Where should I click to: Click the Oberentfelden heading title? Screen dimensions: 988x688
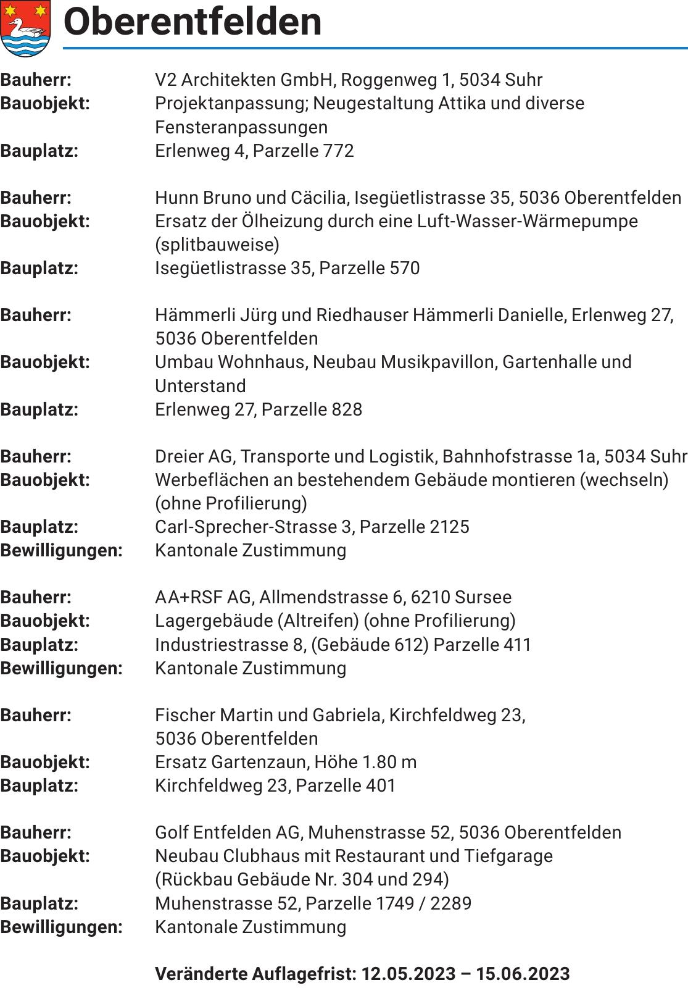(193, 22)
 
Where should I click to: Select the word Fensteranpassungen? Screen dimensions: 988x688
(241, 127)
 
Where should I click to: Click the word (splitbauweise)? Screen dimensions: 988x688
(217, 245)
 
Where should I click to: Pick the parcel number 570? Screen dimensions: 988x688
(404, 268)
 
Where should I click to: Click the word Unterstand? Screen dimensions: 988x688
(201, 386)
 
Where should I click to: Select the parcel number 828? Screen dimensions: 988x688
(347, 409)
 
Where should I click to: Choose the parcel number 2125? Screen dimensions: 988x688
(449, 527)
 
